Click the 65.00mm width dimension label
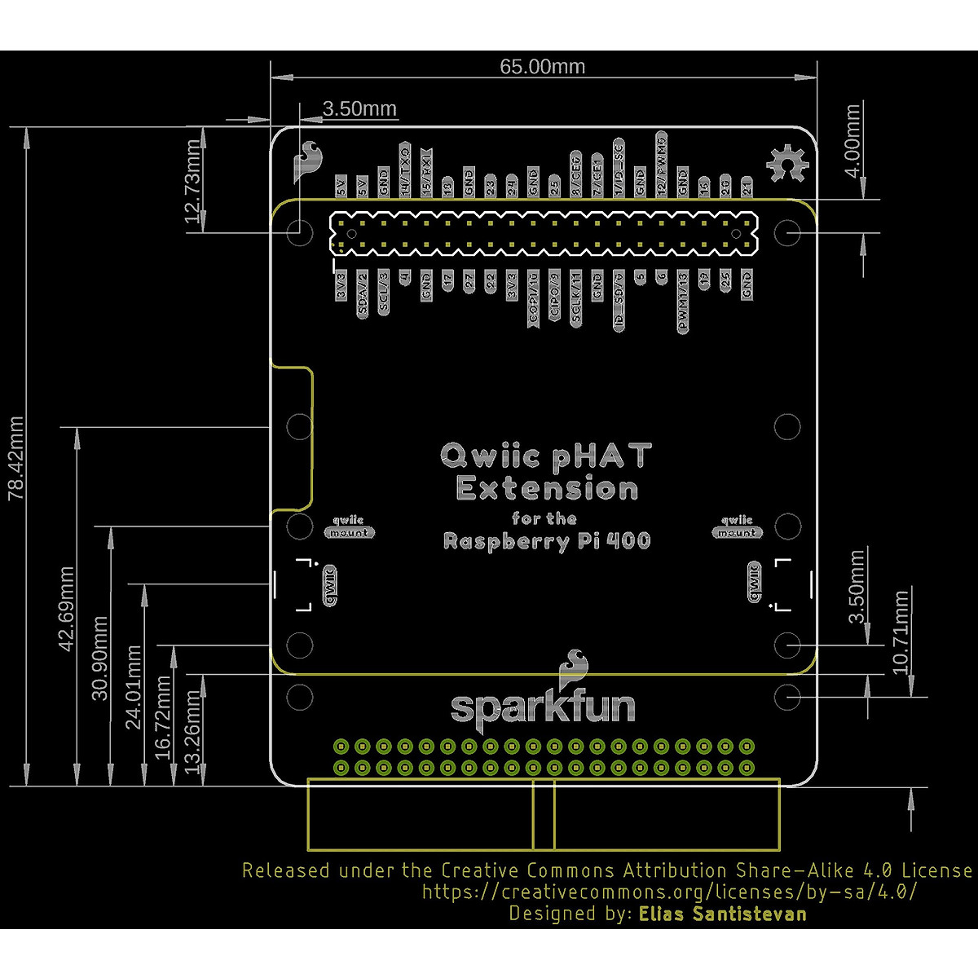[x=542, y=67]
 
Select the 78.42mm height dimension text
[x=16, y=458]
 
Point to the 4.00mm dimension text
[x=852, y=143]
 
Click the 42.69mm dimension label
[x=66, y=608]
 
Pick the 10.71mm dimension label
[x=901, y=632]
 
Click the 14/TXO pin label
[x=404, y=170]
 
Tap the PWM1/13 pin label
[x=683, y=302]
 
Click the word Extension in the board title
[x=547, y=489]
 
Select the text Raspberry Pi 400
[x=547, y=541]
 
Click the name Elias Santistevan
[x=723, y=914]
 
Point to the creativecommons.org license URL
[x=669, y=892]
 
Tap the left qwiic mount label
[x=349, y=526]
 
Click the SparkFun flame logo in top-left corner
[x=308, y=160]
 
